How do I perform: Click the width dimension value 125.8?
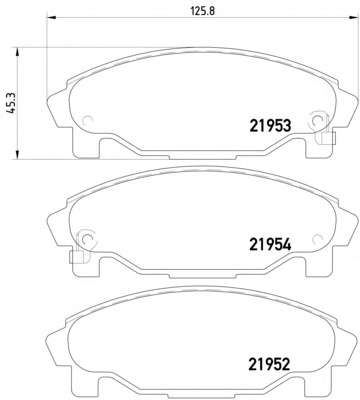[202, 11]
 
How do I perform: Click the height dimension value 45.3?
[12, 103]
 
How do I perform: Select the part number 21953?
[270, 126]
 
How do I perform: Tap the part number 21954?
[270, 245]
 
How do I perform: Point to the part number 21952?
[269, 364]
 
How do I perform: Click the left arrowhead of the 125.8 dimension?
[51, 18]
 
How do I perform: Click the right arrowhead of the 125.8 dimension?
[353, 18]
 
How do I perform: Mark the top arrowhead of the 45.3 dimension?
[17, 52]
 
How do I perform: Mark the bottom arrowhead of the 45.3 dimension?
[17, 155]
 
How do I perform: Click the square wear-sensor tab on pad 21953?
[328, 138]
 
